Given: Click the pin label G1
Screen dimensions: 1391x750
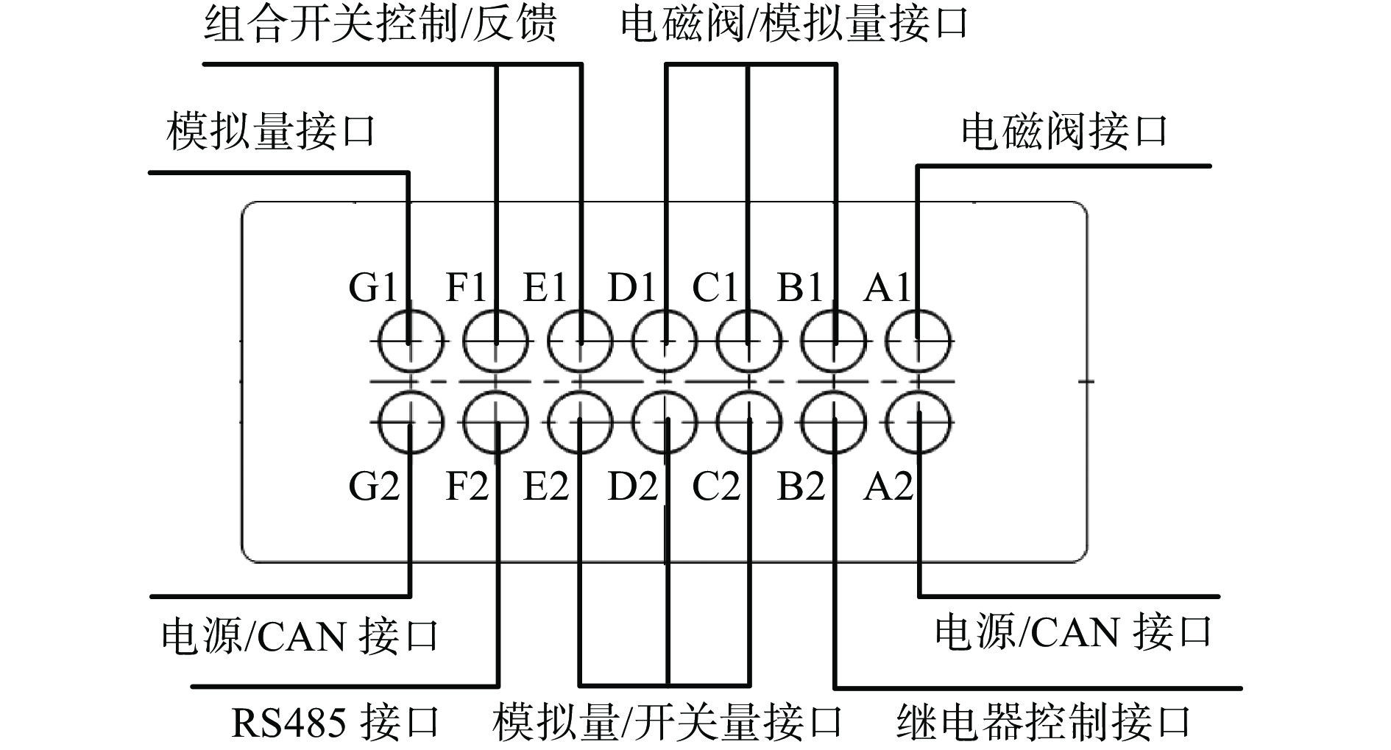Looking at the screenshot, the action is (x=374, y=286).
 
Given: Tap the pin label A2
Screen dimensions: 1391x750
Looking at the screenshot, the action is (x=888, y=486).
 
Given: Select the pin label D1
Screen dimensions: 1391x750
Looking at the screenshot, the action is (x=631, y=286).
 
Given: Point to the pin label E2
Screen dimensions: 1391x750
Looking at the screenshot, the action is (x=545, y=486).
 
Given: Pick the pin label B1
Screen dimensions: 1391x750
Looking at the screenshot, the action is (x=800, y=286).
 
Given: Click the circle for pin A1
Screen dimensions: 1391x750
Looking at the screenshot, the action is (x=920, y=342).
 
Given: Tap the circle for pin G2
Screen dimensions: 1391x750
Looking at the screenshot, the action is (x=411, y=423).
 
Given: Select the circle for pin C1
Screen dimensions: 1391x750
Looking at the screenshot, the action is (x=749, y=342).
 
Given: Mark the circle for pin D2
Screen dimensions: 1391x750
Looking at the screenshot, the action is (x=665, y=423).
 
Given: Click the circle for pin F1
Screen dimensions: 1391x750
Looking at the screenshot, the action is (x=496, y=342).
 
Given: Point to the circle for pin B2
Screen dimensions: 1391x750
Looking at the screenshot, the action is (x=834, y=423).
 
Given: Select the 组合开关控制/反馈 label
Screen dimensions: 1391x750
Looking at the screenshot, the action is (x=380, y=24).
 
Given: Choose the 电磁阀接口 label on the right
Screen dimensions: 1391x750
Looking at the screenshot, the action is (x=1064, y=131).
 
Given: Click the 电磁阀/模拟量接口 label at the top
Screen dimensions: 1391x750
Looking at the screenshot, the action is (x=793, y=24).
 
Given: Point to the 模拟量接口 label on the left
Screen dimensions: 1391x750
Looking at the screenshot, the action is (x=271, y=131).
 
